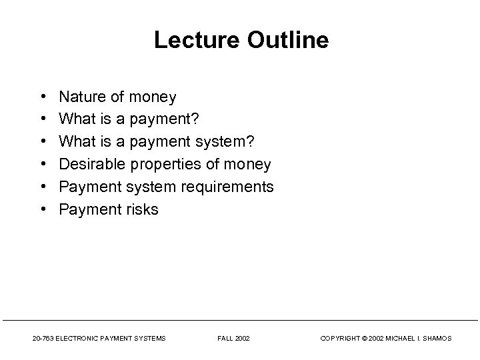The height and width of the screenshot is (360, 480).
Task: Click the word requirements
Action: (x=228, y=187)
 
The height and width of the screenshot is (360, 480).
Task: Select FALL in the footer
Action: (x=225, y=339)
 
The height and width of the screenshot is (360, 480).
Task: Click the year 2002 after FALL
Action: (x=243, y=339)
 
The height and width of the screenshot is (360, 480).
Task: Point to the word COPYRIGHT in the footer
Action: (x=342, y=339)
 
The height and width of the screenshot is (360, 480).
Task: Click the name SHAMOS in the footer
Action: (x=437, y=339)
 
